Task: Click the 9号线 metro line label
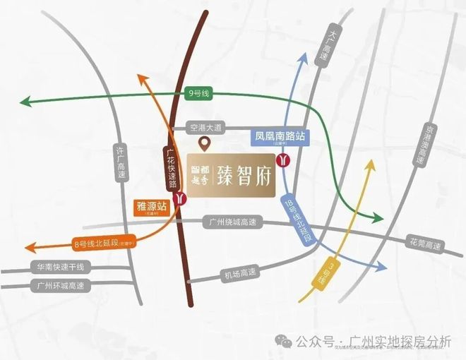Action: click(200, 92)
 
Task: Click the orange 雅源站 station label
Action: click(151, 208)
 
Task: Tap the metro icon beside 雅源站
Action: click(183, 199)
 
